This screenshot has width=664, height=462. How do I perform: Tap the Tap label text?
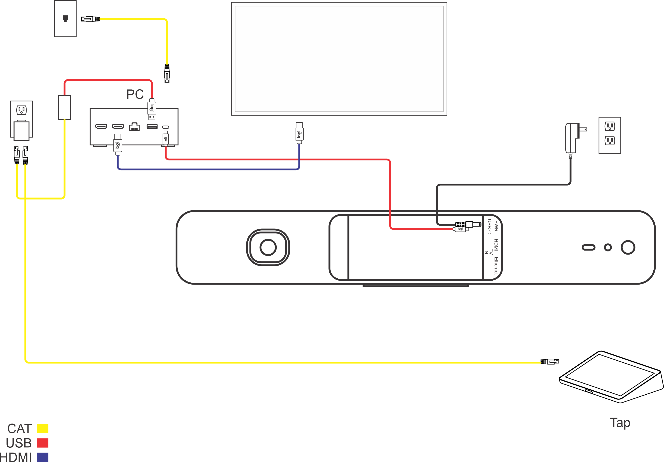click(x=620, y=423)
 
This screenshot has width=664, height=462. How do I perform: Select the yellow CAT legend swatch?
click(x=42, y=428)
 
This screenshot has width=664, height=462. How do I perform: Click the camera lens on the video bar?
click(x=268, y=247)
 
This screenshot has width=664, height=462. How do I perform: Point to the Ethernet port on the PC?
click(x=134, y=127)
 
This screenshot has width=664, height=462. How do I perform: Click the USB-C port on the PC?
click(x=165, y=127)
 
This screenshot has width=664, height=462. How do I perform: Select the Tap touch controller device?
click(x=610, y=377)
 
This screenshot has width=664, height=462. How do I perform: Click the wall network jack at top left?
click(x=65, y=19)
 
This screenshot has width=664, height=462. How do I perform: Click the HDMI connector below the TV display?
click(x=299, y=133)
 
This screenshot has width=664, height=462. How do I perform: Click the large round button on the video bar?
click(x=628, y=247)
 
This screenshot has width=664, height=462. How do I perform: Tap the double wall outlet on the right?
click(x=610, y=135)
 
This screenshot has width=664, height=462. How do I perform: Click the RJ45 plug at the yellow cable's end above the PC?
click(x=167, y=74)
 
